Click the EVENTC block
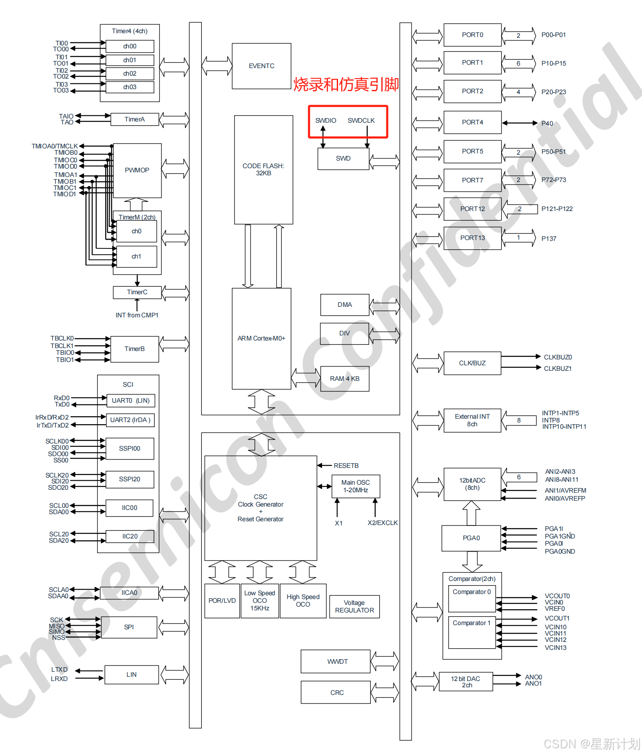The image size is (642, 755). (261, 66)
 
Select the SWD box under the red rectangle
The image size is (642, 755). (343, 158)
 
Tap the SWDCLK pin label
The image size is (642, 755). (361, 121)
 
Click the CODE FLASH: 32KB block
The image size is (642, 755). (263, 169)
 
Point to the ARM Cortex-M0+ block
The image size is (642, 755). (261, 338)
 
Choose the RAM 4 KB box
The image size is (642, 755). (344, 379)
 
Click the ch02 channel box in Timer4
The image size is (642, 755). (129, 74)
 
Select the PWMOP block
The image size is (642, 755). (137, 170)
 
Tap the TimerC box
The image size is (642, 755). (137, 292)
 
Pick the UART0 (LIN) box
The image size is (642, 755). (130, 401)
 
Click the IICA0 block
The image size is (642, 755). (129, 593)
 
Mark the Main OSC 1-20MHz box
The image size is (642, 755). (355, 486)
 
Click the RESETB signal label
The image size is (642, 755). (346, 466)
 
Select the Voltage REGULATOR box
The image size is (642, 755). (354, 607)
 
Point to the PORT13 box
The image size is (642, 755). (472, 238)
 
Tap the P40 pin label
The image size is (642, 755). (547, 124)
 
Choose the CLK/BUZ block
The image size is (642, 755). (472, 363)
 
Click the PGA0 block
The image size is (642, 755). (471, 538)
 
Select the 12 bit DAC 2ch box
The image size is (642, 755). (465, 682)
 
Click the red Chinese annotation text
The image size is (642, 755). (346, 84)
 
